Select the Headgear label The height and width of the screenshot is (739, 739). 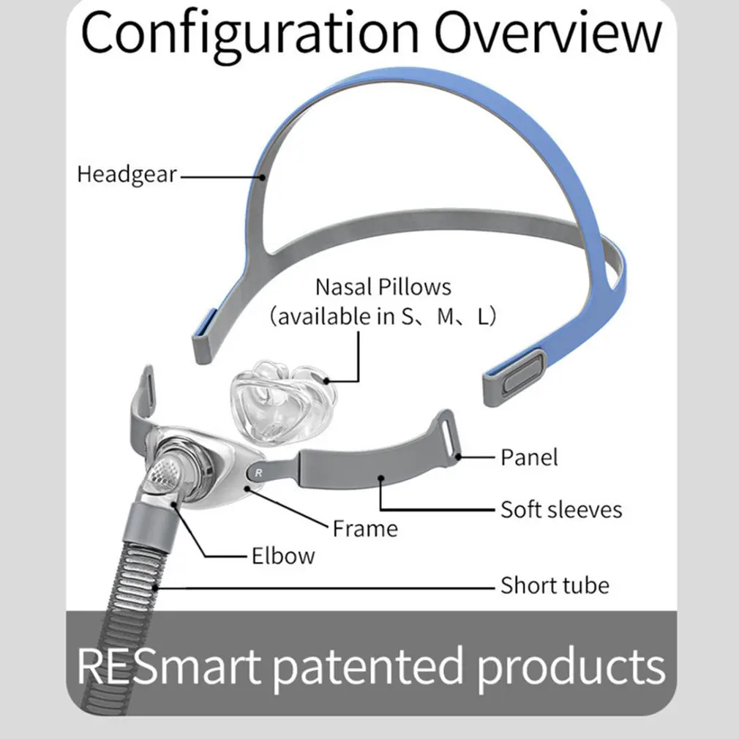click(127, 175)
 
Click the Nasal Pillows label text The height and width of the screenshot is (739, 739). click(383, 287)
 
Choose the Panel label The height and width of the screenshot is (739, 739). click(529, 457)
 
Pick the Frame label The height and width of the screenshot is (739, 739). click(365, 528)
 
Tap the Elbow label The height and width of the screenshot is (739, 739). click(283, 555)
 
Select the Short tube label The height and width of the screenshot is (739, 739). click(555, 585)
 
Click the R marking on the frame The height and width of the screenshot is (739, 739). click(258, 473)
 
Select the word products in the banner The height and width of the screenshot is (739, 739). click(571, 665)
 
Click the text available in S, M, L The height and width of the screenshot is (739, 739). click(383, 318)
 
